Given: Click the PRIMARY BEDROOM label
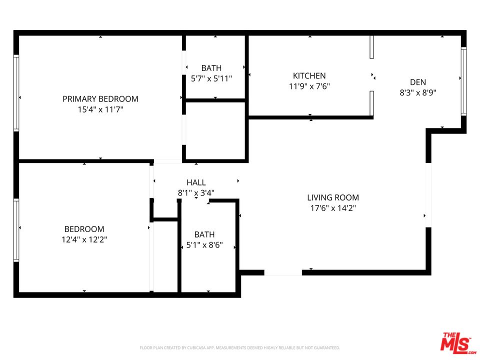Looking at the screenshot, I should coord(100,99).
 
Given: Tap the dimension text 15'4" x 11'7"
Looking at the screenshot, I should coord(100,109).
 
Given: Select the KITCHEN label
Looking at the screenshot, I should coord(309,76).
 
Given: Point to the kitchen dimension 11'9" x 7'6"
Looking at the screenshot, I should coord(309,86).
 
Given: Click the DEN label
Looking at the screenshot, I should coord(418,82).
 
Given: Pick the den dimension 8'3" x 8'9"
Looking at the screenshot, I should coord(418,92).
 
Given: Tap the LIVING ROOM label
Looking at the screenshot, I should coord(332,197).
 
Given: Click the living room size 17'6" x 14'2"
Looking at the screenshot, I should coord(332,208).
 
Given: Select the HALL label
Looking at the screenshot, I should coord(196,182).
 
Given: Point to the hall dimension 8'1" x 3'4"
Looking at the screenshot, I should coord(196,192).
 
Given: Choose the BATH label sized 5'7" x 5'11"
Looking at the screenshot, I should coord(211,68).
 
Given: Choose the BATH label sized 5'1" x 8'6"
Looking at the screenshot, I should coord(204,234).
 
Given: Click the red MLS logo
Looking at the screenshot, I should coord(455,343).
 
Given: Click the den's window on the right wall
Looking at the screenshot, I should coord(463,81).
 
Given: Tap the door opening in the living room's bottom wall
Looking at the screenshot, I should coord(282,273).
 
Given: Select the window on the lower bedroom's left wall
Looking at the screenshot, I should coord(16,230).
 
